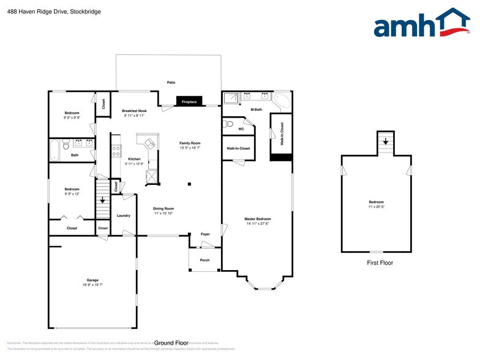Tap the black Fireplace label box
point(189,102)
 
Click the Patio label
point(171,81)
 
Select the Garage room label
point(92,282)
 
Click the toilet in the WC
point(230,124)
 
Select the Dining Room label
point(163,210)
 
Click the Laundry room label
point(123,216)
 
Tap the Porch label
point(204,260)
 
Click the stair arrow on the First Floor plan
point(386,141)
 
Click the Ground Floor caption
point(171,343)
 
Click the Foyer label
point(205,234)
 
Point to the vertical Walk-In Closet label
point(282,133)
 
